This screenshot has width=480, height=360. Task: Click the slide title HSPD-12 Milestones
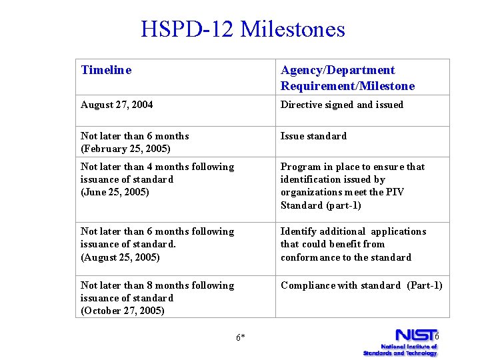(243, 29)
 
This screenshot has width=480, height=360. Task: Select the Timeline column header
(106, 70)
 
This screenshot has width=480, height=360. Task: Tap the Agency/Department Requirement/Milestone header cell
(347, 78)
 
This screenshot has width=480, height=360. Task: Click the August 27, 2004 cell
(117, 105)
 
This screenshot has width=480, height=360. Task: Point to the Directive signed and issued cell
(342, 105)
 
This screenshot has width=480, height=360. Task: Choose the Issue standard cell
(313, 136)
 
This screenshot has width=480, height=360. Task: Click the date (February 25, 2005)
(125, 149)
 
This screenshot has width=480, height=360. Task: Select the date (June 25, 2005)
(115, 192)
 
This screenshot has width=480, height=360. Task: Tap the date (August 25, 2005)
(121, 257)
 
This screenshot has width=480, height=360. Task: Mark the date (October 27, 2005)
(123, 311)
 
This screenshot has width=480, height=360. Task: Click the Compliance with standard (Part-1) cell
(361, 285)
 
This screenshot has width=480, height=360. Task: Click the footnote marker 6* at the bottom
(241, 337)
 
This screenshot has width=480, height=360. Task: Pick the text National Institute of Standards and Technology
(400, 349)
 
